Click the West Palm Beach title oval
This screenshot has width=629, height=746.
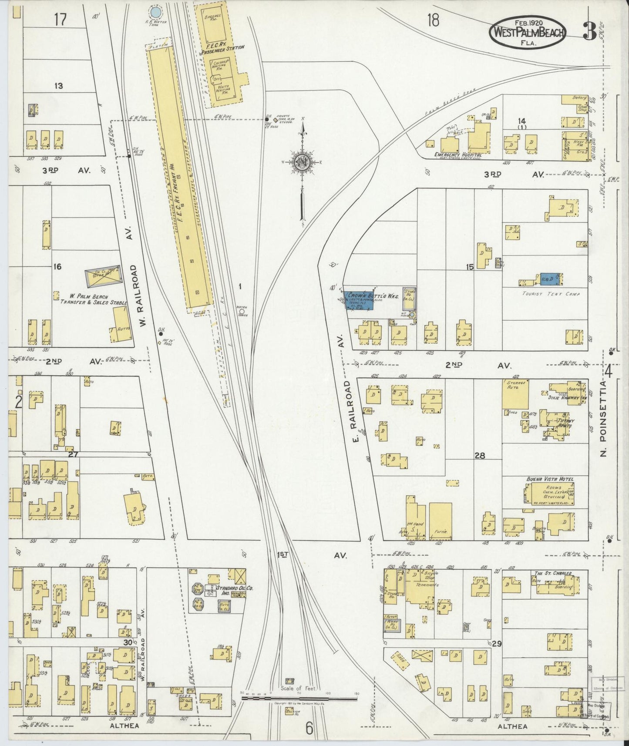tap(528, 32)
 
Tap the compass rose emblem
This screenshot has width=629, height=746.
tap(301, 162)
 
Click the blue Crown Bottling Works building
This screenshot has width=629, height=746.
tap(359, 299)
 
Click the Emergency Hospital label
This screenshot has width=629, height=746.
tap(457, 155)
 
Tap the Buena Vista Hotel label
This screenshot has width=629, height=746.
tap(550, 479)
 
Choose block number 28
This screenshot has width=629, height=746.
tap(480, 456)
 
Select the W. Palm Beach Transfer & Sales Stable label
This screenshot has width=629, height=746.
tap(94, 299)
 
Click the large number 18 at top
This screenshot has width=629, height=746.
tap(433, 20)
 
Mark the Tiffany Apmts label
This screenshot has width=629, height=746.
tap(564, 423)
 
